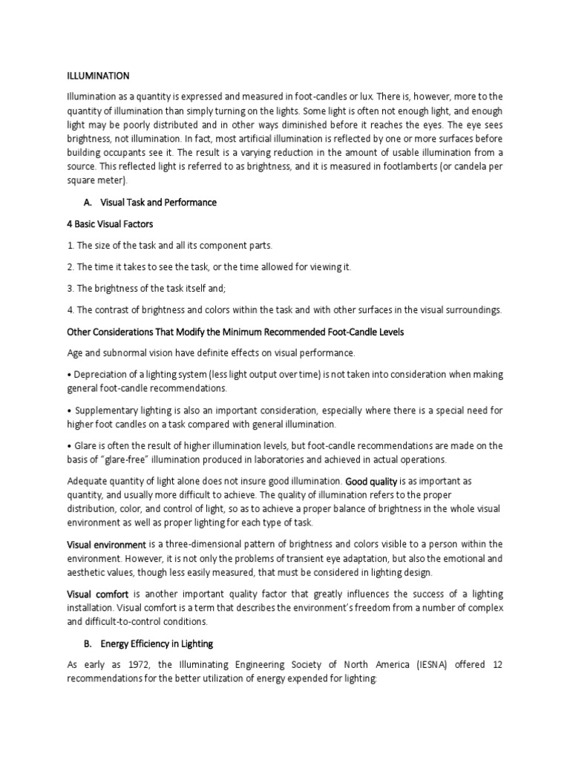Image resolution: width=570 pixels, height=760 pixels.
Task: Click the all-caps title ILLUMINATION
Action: point(99,76)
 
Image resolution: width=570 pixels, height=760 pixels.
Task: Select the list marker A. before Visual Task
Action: point(90,203)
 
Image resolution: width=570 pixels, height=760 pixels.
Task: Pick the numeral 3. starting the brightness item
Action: point(71,289)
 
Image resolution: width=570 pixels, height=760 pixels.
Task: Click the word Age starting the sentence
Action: point(76,353)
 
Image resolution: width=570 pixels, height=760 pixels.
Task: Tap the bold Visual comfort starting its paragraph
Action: point(99,594)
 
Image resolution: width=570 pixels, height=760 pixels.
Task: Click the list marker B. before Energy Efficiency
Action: point(89,643)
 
